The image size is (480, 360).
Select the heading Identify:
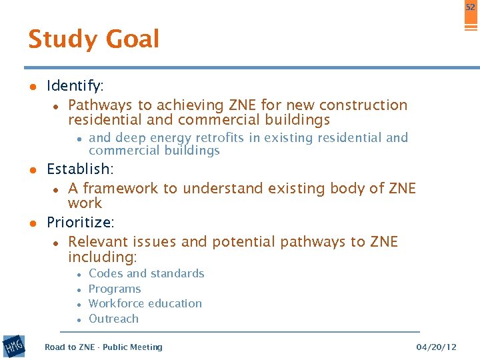tap(75, 86)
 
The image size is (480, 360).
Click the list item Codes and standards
tap(146, 273)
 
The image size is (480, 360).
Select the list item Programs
tap(115, 289)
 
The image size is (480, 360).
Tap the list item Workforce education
tap(145, 303)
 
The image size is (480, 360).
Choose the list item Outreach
tap(113, 319)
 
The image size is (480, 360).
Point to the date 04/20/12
tap(437, 347)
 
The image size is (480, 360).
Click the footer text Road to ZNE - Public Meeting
tap(103, 347)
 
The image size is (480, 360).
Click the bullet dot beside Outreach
tap(79, 320)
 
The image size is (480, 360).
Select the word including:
tap(102, 257)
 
